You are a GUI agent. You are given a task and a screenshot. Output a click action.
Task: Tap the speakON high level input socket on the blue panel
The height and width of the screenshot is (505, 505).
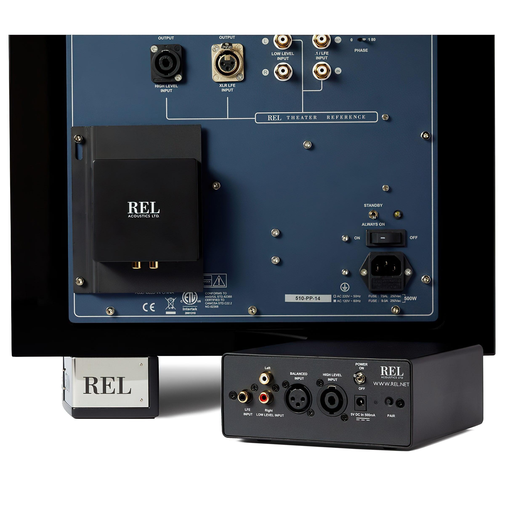pos(166,63)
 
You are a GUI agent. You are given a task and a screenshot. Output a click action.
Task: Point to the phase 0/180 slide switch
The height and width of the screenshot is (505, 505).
pos(362,40)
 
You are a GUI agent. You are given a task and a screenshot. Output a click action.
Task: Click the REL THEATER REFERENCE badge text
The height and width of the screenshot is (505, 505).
pos(316,117)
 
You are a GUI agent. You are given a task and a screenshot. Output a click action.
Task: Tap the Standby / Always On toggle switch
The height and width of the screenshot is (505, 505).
pos(373,215)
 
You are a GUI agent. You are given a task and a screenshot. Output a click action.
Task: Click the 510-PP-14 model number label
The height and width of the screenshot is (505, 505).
pos(308,298)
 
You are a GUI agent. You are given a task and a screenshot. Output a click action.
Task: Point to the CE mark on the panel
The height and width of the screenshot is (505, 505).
pos(149,307)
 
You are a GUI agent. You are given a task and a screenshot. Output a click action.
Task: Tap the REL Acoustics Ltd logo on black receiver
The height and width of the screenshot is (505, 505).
pos(143,209)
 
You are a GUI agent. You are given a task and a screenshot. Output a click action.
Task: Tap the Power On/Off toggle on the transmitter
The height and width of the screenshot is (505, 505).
pos(360,378)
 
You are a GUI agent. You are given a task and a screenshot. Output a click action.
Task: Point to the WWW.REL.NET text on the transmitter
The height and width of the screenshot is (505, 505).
pos(391,384)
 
